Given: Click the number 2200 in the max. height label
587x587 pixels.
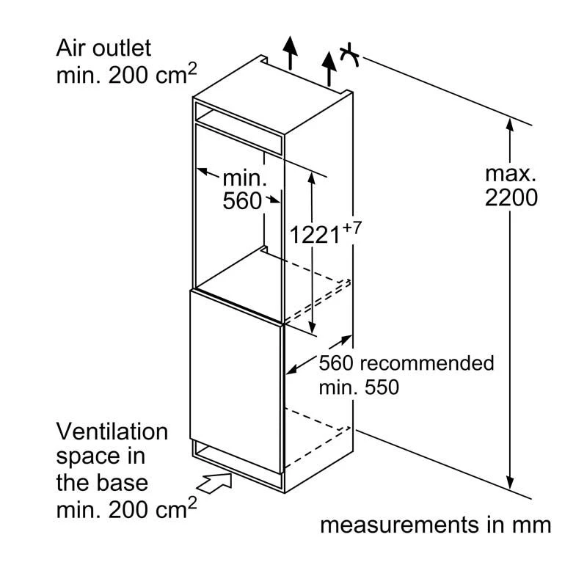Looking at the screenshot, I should (x=511, y=197).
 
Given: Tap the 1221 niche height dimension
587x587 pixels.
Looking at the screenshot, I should (x=315, y=235).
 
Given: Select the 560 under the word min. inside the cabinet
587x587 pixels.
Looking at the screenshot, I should (x=242, y=200).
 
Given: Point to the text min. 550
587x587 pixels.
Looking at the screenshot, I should (x=359, y=387).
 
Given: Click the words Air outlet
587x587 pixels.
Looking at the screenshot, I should (x=103, y=48).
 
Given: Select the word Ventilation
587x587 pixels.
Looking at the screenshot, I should (x=112, y=431).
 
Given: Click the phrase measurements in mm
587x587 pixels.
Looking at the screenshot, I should (x=435, y=525).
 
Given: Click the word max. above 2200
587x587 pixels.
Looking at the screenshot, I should (x=511, y=174).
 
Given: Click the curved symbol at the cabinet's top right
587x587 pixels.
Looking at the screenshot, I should (x=350, y=55).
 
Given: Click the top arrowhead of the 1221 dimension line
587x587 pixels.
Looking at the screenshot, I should (x=313, y=178).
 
